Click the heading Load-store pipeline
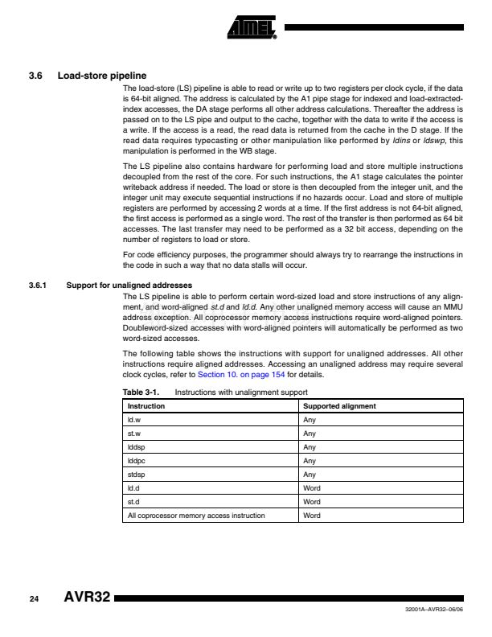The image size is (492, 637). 101,77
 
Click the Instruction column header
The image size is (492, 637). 146,406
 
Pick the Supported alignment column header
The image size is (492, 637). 339,406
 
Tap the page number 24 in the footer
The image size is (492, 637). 34,599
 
